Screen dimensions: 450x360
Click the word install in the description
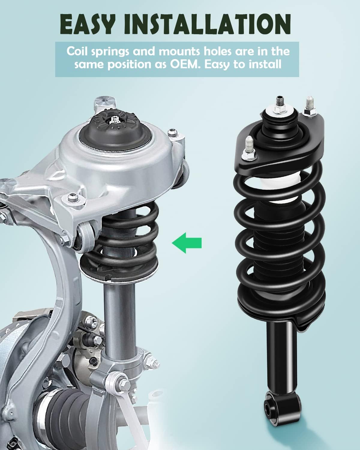[x=266, y=64]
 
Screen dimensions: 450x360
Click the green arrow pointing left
[x=187, y=242]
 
